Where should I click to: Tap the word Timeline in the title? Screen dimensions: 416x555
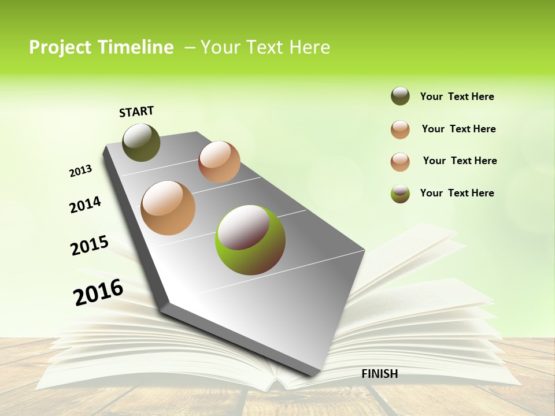[x=137, y=47]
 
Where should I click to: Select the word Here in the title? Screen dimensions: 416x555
[x=309, y=47]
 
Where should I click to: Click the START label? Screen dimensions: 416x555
[x=136, y=112]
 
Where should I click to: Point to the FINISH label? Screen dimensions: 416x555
[x=380, y=374]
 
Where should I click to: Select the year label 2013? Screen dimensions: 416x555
[x=80, y=171]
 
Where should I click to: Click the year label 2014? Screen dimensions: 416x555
[x=85, y=205]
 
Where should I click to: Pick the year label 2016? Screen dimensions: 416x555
[x=98, y=292]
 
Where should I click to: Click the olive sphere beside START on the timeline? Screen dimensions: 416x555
[x=141, y=142]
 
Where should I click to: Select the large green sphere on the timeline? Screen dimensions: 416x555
[x=250, y=240]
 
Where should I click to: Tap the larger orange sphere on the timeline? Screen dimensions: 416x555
[x=168, y=208]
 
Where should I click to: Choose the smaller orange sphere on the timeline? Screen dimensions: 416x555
[x=219, y=162]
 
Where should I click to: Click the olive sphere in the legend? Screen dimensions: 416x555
[x=400, y=96]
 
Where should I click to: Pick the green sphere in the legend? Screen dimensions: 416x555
[x=400, y=193]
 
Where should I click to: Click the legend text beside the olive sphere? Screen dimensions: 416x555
[x=457, y=97]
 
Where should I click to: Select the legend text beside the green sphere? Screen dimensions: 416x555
[x=457, y=193]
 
